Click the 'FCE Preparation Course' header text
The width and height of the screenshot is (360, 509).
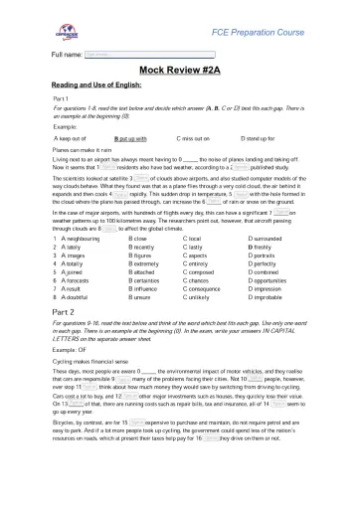tap(288, 34)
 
